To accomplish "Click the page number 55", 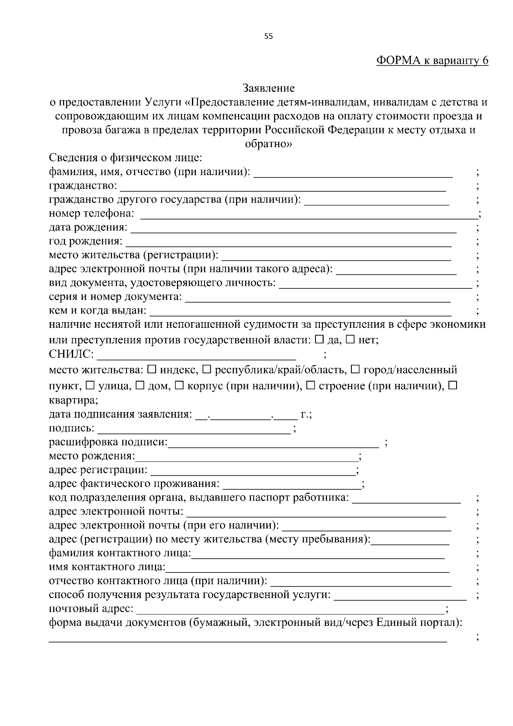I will (268, 36).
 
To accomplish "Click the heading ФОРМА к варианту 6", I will (432, 61).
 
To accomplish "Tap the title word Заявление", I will (268, 89).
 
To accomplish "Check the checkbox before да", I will (319, 340).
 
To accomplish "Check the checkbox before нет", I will (350, 340).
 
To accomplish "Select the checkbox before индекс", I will (152, 369).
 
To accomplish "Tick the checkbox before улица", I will (90, 386).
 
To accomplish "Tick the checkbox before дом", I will (140, 386).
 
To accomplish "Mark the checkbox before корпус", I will (180, 386).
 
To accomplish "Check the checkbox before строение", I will (311, 386).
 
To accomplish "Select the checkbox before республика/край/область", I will (206, 369).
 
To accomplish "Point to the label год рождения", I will (85, 241).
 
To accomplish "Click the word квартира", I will (73, 401).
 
